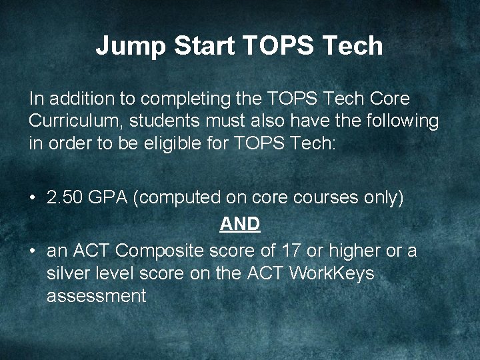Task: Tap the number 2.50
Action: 64,198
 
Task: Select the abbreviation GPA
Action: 107,198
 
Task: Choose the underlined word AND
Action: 240,225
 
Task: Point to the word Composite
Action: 170,251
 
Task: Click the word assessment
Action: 96,296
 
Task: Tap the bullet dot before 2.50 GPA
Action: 32,198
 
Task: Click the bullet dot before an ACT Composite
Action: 32,251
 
